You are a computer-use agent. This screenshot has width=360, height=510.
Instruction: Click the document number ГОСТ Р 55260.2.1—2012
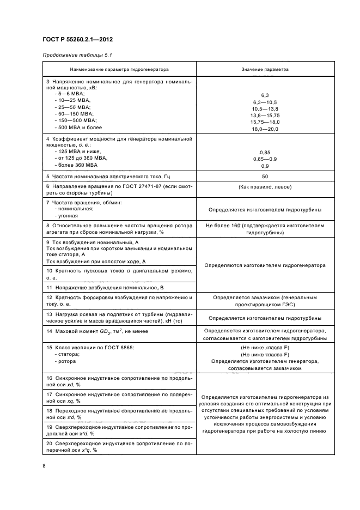point(77,40)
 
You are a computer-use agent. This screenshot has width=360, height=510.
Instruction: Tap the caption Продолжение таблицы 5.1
point(77,55)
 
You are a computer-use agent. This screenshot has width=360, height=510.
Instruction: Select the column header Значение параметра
point(265,70)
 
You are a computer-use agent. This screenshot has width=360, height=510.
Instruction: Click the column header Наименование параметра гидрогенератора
point(119,70)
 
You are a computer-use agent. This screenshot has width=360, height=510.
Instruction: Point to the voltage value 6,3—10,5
point(265,102)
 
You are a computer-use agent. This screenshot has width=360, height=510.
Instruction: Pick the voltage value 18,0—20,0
point(265,129)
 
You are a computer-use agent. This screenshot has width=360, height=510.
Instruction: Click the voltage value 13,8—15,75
point(265,116)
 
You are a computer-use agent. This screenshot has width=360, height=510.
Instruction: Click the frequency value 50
point(265,177)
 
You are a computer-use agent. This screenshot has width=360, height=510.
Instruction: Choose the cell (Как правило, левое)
point(265,187)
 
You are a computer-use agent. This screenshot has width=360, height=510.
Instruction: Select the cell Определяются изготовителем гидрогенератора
point(265,265)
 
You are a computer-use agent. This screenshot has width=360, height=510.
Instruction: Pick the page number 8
point(44,465)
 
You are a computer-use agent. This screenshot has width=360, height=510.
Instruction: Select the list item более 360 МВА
point(78,165)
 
